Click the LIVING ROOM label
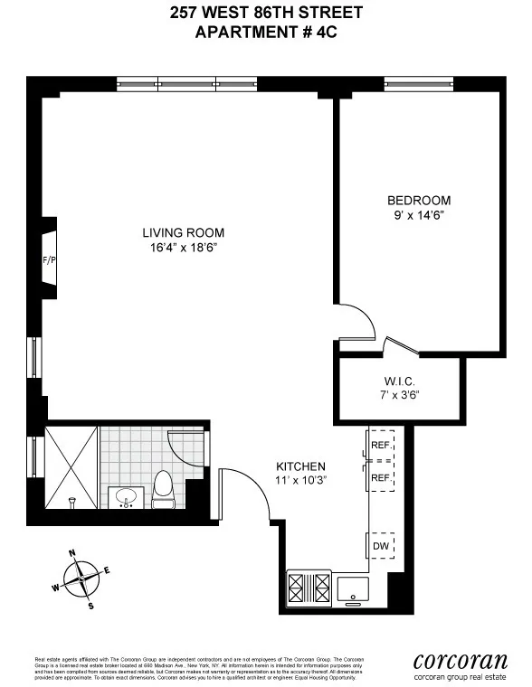[x=187, y=232]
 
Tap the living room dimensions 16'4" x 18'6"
[x=187, y=247]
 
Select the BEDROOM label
[x=418, y=201]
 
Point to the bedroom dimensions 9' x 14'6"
[x=418, y=215]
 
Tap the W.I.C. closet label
[x=398, y=381]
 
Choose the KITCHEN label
[x=300, y=466]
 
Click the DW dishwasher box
[x=380, y=546]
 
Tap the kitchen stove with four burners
[x=308, y=587]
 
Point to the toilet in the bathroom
[x=163, y=486]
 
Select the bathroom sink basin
[x=126, y=497]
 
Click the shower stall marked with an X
[x=69, y=467]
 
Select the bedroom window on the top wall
[x=420, y=85]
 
